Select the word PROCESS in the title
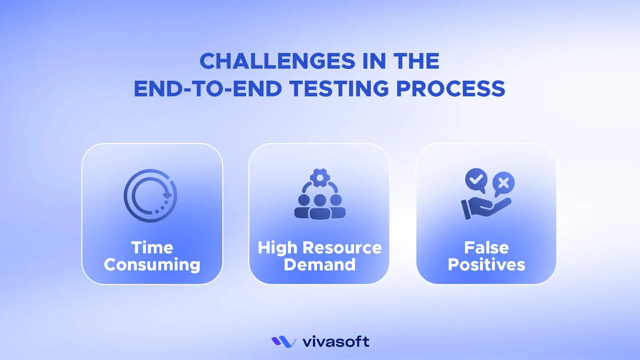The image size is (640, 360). (x=450, y=89)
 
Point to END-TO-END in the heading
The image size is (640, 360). (x=208, y=89)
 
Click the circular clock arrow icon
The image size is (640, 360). (x=150, y=196)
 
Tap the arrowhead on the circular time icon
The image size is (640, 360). (x=167, y=195)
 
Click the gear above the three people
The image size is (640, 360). (x=320, y=178)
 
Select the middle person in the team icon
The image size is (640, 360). (x=320, y=207)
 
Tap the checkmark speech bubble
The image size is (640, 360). (x=476, y=180)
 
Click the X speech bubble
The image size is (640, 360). (x=504, y=183)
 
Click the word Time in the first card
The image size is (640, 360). (x=152, y=248)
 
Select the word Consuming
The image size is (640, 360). (x=152, y=265)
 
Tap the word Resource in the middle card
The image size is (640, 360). (x=342, y=248)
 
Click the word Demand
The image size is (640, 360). (x=320, y=265)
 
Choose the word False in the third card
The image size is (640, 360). (x=486, y=248)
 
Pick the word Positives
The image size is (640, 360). (x=486, y=265)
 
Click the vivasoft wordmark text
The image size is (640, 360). (x=335, y=342)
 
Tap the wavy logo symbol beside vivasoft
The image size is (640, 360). (x=284, y=342)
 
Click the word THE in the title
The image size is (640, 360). (x=416, y=61)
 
